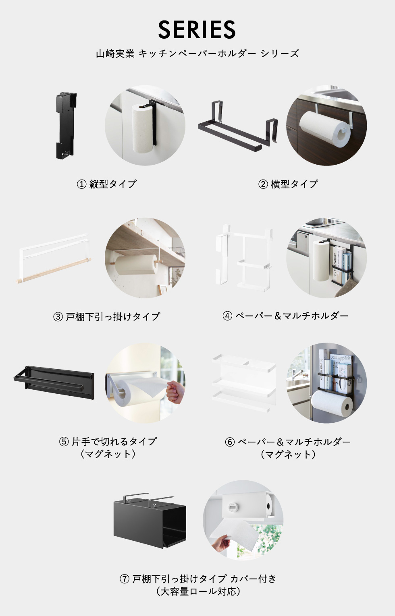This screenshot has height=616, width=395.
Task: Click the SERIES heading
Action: click(197, 29)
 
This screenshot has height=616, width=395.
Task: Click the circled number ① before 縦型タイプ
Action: click(81, 184)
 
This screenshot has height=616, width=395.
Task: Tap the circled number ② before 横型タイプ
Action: click(263, 184)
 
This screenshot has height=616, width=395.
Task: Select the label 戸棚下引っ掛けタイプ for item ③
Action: click(113, 316)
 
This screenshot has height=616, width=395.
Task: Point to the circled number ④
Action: click(227, 316)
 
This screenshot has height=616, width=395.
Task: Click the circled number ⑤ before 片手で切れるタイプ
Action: click(64, 442)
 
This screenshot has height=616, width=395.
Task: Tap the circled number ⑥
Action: click(230, 442)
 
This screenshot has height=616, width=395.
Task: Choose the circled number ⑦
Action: click(125, 579)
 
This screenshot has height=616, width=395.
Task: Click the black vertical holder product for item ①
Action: click(66, 126)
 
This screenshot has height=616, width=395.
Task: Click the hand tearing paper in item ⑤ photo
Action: click(175, 392)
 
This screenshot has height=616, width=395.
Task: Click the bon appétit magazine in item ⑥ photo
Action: click(341, 365)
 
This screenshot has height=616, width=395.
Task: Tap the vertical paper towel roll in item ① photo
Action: click(142, 128)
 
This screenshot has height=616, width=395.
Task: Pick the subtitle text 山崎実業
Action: click(115, 54)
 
